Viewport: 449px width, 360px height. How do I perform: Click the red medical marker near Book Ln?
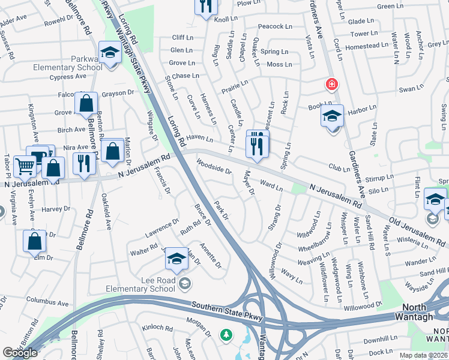331,85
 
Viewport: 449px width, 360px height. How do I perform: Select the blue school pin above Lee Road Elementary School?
176,259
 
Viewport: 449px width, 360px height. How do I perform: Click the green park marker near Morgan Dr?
226,334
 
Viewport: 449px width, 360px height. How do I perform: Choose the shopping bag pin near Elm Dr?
35,241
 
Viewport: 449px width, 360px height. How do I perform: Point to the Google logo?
20,353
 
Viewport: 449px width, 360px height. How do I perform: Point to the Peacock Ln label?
275,27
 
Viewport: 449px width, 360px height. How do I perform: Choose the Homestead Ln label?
361,46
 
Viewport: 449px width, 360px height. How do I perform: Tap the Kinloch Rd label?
157,329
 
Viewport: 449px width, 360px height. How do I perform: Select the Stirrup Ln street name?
379,178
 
